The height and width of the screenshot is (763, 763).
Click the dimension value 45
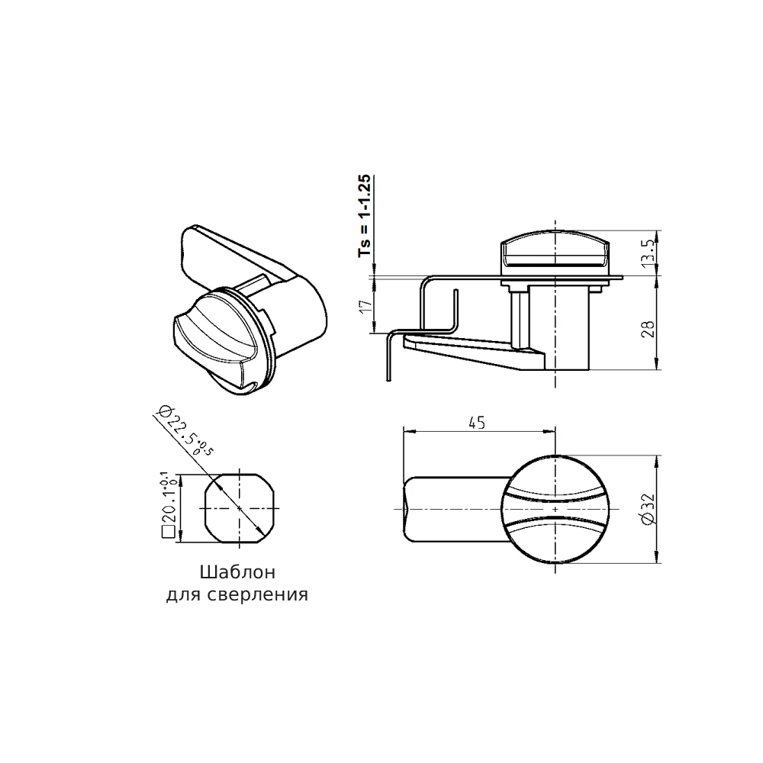point(477,423)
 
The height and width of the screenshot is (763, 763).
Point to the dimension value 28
point(649,330)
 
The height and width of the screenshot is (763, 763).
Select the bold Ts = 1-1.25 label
point(365,216)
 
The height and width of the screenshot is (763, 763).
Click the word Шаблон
point(237,572)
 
